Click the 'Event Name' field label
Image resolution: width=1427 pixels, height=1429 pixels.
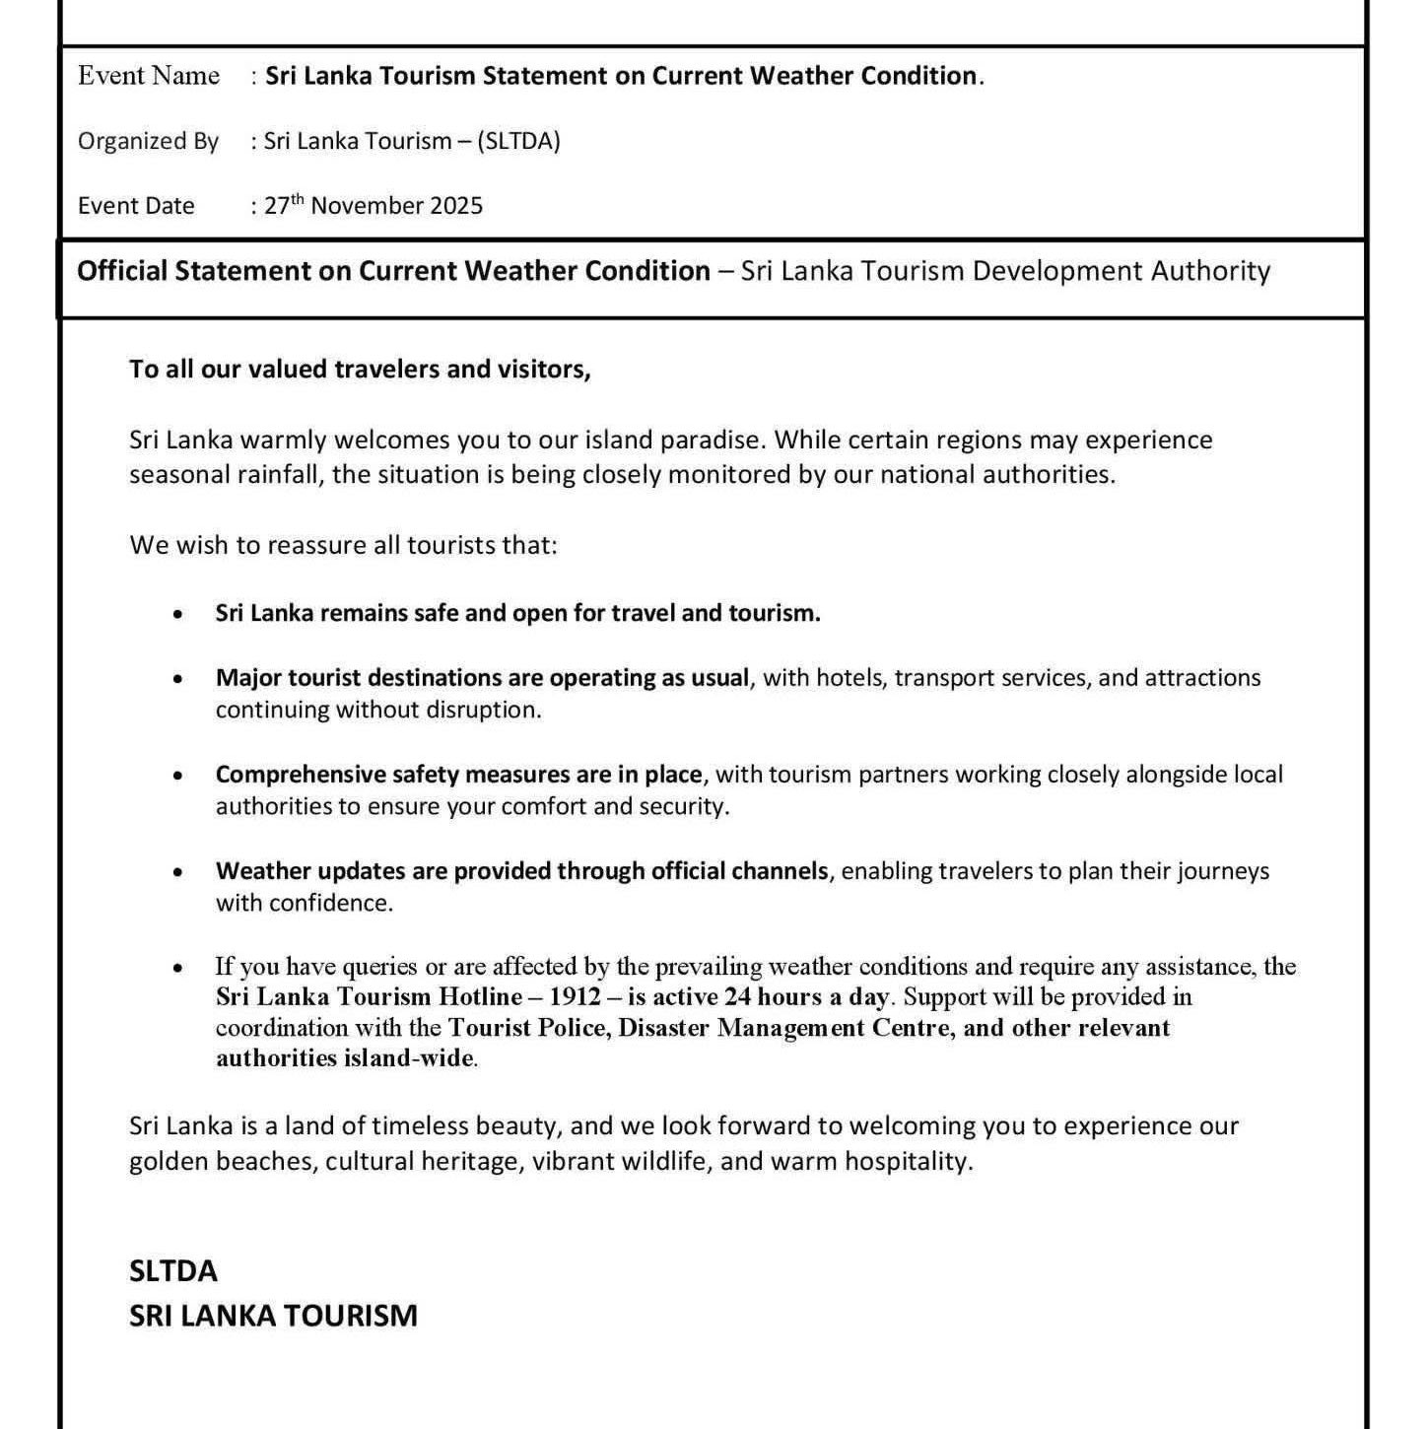(x=149, y=76)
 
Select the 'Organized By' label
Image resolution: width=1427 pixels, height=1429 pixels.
(x=148, y=141)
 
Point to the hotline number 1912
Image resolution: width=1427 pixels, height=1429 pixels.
(x=576, y=996)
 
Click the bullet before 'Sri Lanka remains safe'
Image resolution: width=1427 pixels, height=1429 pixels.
(x=177, y=614)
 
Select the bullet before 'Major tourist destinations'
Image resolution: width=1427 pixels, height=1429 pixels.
(x=177, y=679)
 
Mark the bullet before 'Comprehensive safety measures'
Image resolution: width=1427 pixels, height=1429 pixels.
(x=177, y=776)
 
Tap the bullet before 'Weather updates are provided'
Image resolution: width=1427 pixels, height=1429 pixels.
(x=177, y=872)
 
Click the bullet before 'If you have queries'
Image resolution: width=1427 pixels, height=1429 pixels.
(x=177, y=968)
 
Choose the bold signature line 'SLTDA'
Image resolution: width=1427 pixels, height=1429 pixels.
(x=173, y=1270)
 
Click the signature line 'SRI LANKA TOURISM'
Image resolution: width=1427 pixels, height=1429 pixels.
(x=273, y=1316)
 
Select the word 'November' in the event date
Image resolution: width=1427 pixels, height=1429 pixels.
(x=360, y=206)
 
